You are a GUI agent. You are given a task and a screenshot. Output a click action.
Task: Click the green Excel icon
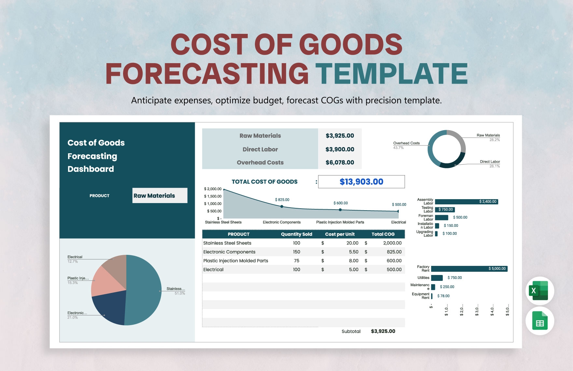[x=540, y=291]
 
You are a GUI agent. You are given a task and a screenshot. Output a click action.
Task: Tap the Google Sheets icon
[x=540, y=321]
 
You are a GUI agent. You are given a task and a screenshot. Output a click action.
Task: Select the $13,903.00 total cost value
[x=361, y=182]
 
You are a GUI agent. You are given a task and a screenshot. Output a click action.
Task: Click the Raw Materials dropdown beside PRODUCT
[x=160, y=196]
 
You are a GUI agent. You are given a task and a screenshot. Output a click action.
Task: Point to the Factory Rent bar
[x=469, y=269]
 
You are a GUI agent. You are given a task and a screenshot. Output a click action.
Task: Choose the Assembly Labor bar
[x=467, y=202]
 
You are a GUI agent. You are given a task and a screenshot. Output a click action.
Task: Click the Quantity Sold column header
[x=297, y=234]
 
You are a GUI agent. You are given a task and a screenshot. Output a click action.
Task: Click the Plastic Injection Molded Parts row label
[x=236, y=261]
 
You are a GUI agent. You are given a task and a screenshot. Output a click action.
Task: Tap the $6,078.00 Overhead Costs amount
[x=340, y=162]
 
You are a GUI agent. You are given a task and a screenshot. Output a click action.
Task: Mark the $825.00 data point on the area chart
[x=282, y=207]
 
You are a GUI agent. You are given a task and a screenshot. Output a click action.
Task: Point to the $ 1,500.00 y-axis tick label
[x=213, y=196]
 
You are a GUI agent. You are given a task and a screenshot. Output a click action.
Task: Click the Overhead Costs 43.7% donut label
[x=406, y=145]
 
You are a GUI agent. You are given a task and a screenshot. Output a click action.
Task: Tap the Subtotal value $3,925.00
[x=383, y=331]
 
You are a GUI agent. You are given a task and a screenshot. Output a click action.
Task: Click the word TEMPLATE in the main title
[x=391, y=74]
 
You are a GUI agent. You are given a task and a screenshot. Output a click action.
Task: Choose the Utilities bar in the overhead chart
[x=437, y=278]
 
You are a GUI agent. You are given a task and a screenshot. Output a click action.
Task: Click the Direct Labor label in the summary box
[x=260, y=149]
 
